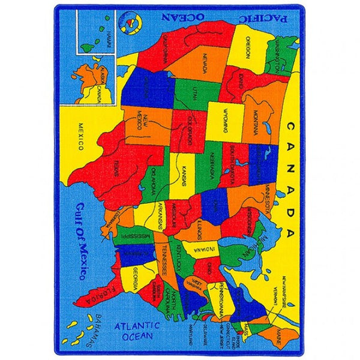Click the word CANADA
click(x=290, y=179)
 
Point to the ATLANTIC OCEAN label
click(x=137, y=331)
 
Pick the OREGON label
click(x=247, y=45)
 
